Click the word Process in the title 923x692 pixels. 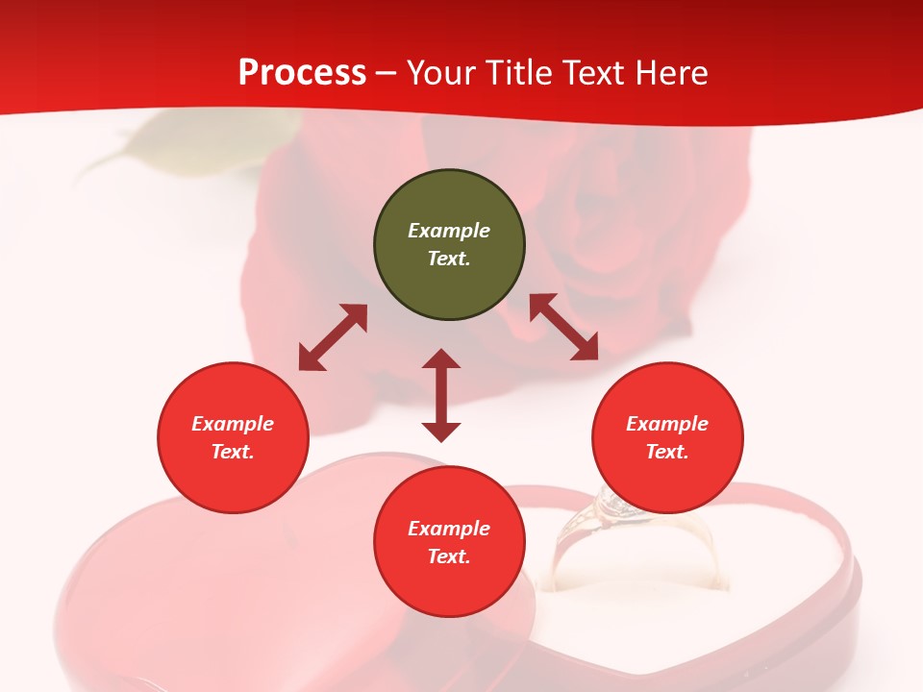tap(302, 73)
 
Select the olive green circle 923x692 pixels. tap(449, 245)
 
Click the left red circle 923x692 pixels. tap(233, 438)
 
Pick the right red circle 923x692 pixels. tap(667, 438)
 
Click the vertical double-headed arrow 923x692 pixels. tap(441, 396)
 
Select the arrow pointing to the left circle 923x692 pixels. tap(333, 337)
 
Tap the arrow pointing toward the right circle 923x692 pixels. tap(563, 328)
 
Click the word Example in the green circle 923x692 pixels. tap(449, 231)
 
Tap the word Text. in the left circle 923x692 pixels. tap(233, 452)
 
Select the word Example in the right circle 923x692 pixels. tap(667, 424)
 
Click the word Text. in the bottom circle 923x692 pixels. tap(449, 556)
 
